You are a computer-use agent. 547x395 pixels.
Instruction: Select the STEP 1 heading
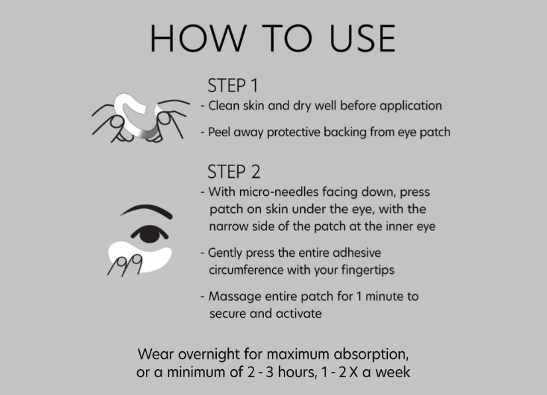coord(233,86)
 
